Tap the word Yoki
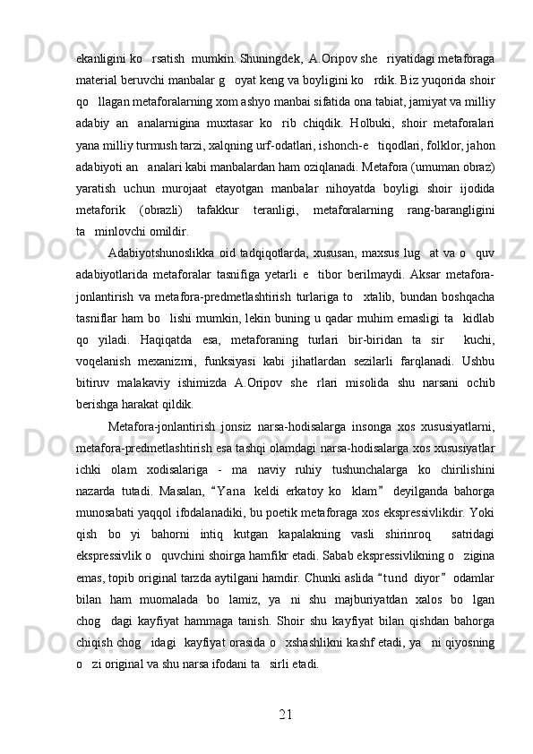(x=483, y=513)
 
